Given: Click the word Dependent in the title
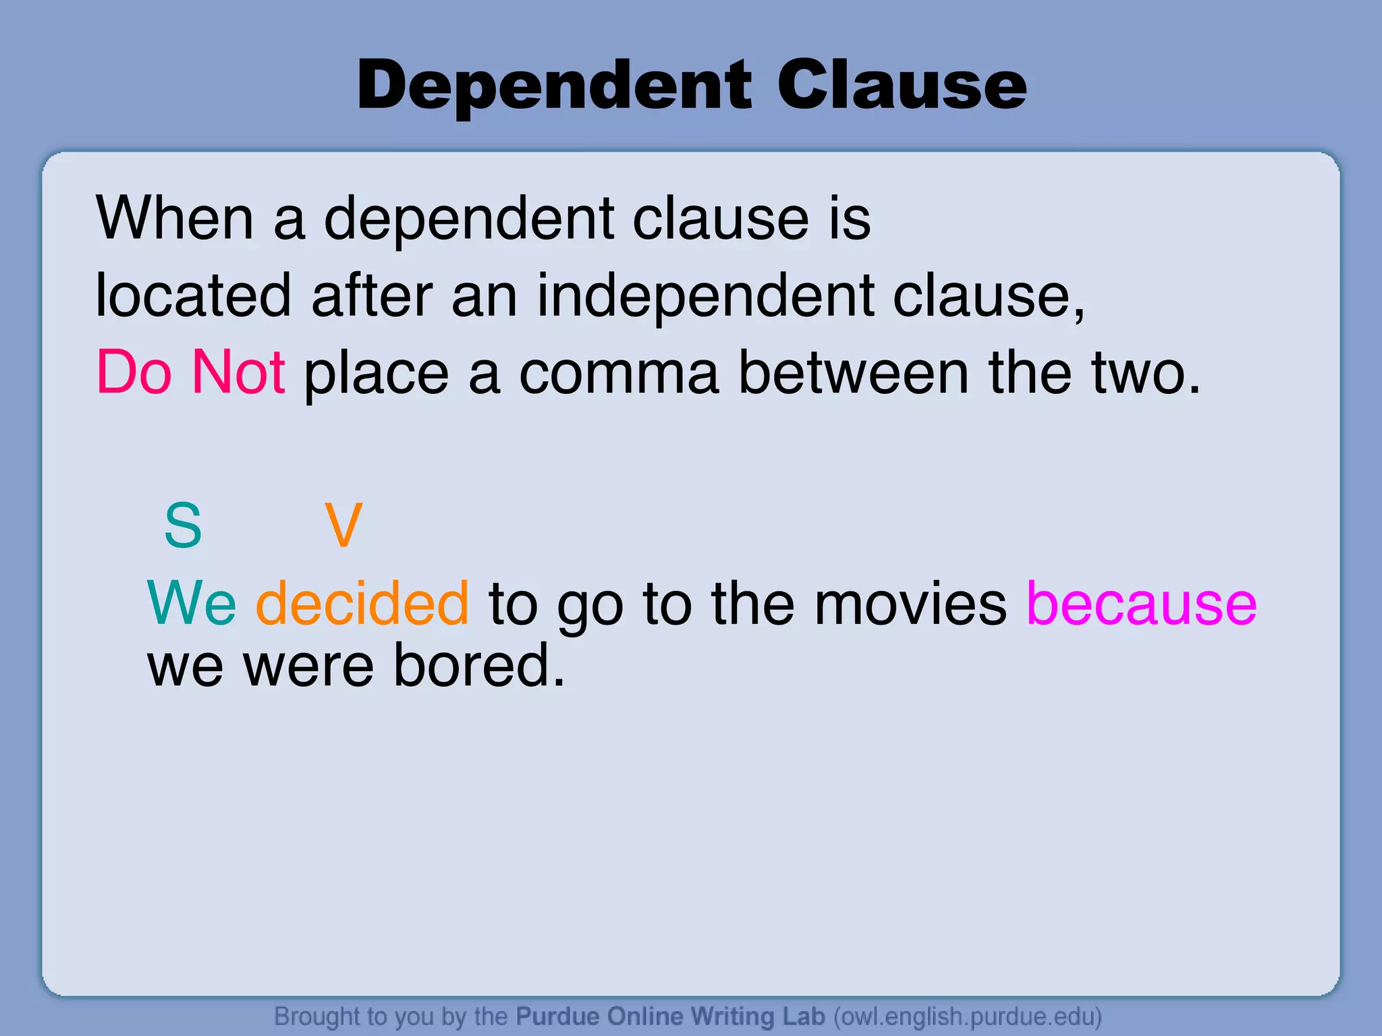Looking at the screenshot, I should [553, 86].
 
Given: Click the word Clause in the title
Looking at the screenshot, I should [902, 86].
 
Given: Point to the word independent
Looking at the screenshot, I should [704, 297].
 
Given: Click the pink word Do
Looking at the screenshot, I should [134, 372].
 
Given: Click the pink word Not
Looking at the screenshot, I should [238, 372].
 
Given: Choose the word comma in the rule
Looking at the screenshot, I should [619, 374].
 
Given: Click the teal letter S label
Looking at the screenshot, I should [183, 525].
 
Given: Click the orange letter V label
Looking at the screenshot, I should [343, 525].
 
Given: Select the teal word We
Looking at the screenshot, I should [192, 603].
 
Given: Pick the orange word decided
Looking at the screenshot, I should [362, 603].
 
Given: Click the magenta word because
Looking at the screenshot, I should [1141, 603].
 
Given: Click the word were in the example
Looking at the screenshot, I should [308, 667].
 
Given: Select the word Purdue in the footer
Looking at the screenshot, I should [557, 1016].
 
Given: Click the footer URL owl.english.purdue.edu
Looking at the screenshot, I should [968, 1016].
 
